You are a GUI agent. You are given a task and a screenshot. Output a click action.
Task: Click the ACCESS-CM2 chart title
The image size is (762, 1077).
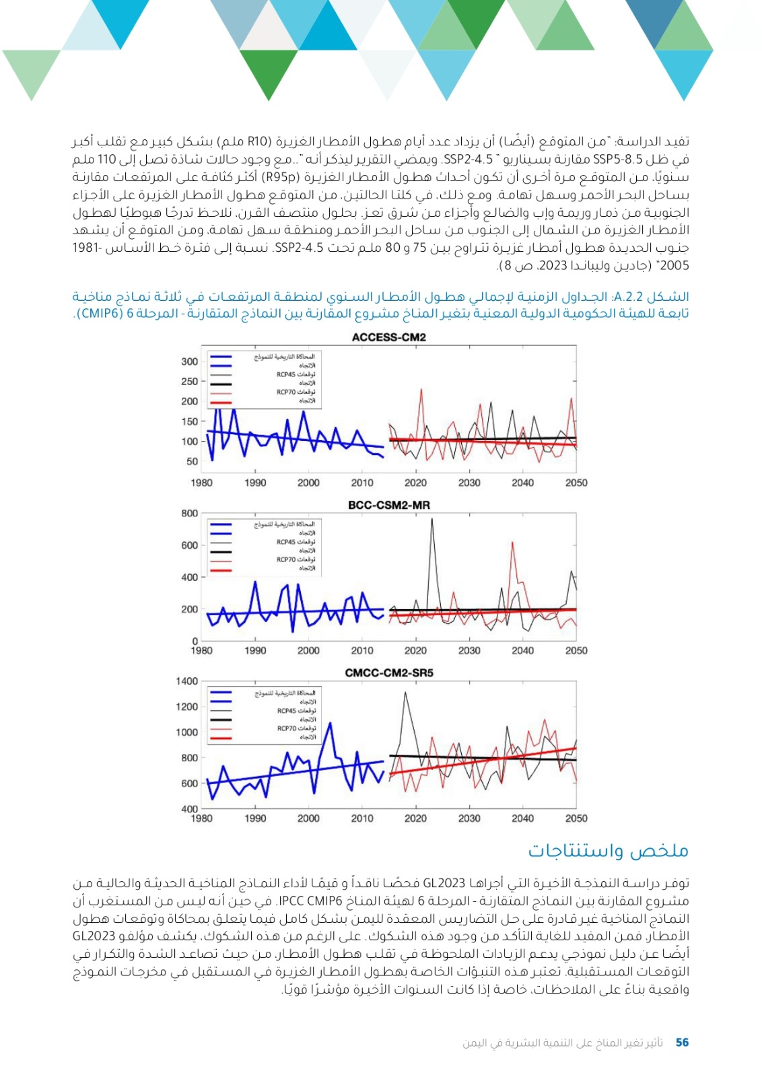click(388, 337)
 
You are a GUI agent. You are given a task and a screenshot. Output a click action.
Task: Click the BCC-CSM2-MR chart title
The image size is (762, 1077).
click(388, 505)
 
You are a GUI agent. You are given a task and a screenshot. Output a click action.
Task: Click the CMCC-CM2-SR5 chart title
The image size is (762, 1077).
click(388, 672)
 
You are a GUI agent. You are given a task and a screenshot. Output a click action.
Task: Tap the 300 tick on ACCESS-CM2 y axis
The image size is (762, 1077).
click(189, 361)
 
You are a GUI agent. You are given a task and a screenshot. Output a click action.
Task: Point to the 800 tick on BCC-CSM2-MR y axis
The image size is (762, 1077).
click(189, 514)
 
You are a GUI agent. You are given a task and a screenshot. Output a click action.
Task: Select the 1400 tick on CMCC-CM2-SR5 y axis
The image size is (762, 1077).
click(186, 681)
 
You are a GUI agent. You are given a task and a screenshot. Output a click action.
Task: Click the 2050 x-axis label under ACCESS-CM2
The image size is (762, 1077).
click(576, 483)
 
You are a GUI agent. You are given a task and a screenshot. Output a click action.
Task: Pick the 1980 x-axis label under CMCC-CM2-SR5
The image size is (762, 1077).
click(201, 819)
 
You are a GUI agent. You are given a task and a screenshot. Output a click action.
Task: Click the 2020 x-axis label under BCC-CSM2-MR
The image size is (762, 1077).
click(415, 651)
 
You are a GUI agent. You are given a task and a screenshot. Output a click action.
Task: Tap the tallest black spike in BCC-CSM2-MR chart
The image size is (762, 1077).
click(431, 519)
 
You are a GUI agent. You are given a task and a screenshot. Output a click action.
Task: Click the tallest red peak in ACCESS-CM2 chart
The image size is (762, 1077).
click(421, 390)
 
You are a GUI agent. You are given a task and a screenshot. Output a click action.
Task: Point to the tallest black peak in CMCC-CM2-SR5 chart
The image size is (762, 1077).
click(405, 693)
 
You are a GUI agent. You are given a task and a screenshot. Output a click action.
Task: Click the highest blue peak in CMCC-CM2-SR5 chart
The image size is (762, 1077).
click(330, 724)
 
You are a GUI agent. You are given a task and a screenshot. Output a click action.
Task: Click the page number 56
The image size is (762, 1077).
click(682, 1042)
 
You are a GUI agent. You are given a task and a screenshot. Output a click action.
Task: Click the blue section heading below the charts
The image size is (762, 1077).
click(608, 851)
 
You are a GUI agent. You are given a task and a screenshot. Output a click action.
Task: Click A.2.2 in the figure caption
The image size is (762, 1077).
click(627, 297)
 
